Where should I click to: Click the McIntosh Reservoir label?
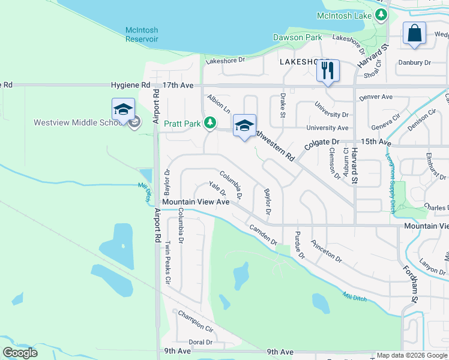[x=142, y=35]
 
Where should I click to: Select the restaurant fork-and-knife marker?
[x=328, y=71]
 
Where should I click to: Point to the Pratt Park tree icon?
[x=209, y=124]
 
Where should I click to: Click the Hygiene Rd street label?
[x=129, y=86]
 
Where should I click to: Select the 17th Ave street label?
[x=178, y=86]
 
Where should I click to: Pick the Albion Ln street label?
[x=218, y=103]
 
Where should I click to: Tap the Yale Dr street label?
[x=217, y=189]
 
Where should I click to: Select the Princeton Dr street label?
[x=326, y=251]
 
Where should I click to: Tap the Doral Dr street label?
[x=200, y=342]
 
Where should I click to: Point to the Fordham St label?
[x=414, y=282]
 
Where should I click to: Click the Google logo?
[x=20, y=353]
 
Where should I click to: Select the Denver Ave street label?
[x=375, y=97]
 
